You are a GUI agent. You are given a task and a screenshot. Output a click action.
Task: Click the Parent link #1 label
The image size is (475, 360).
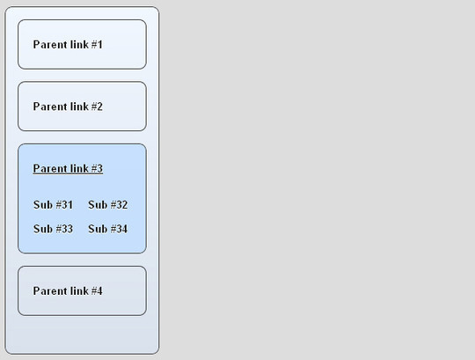pos(68,45)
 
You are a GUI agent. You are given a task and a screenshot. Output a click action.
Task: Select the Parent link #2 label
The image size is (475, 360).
pos(68,107)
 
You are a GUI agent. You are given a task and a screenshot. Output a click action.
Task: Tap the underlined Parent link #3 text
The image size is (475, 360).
pos(68,168)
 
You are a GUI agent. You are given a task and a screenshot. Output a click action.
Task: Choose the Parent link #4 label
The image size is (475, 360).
pos(68,291)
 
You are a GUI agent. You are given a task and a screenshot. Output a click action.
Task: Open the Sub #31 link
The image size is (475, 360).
pos(53,205)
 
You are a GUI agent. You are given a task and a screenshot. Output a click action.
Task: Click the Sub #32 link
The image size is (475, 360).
pos(108,205)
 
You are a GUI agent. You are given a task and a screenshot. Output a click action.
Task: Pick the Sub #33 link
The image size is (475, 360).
pos(53,229)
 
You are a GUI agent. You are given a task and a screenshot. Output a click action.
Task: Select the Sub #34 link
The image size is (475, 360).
pos(108,229)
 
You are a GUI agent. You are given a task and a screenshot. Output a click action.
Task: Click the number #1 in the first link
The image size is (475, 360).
pos(97,45)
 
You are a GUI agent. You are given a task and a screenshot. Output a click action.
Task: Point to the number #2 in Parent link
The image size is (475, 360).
pos(97,107)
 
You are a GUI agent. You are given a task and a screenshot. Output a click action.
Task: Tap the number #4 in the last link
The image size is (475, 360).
pos(97,291)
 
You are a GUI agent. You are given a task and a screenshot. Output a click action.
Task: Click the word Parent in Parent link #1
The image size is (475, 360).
pos(49,45)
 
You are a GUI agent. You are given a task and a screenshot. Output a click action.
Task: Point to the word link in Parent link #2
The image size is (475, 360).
pos(79,107)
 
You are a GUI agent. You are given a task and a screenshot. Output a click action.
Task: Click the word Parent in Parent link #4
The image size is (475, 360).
pos(49,291)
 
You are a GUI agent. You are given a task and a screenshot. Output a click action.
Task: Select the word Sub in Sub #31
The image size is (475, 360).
pos(43,205)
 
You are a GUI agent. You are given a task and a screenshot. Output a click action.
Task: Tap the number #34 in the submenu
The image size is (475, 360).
pos(119,229)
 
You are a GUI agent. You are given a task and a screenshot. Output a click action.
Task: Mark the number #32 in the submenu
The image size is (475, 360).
pos(119,205)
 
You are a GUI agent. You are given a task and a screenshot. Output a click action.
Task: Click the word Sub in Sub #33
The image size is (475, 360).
pos(43,229)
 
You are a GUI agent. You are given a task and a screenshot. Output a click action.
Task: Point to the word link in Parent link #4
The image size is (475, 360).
pos(79,291)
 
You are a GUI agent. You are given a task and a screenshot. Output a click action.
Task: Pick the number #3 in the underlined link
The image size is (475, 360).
pos(97,168)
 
